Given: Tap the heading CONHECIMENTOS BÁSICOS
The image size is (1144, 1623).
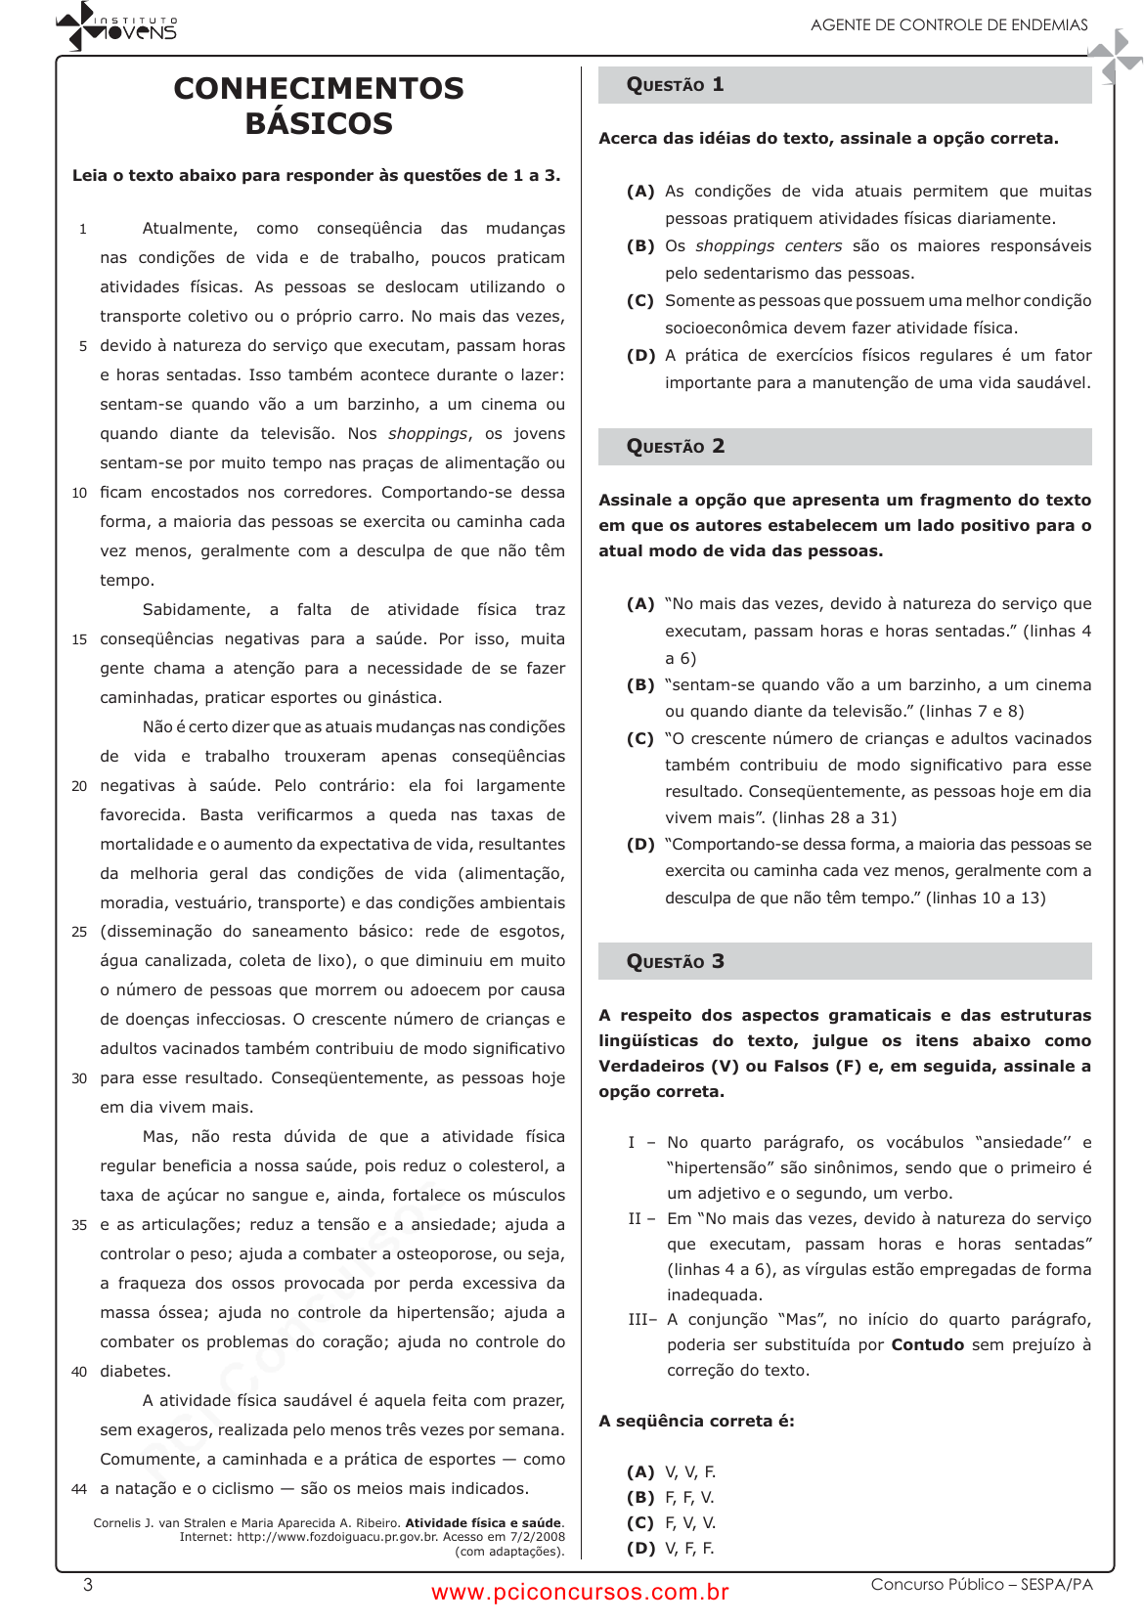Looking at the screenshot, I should click(x=319, y=106).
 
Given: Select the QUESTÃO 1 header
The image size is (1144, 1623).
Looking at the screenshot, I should click(x=676, y=85).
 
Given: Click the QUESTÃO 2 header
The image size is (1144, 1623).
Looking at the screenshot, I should click(x=676, y=447).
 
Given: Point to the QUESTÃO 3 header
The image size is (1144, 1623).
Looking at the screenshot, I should click(x=676, y=962).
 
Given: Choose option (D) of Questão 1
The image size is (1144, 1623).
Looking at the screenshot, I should click(x=641, y=356).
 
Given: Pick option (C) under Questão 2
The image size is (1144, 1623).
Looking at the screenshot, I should click(x=641, y=739).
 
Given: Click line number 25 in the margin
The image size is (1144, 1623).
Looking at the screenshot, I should click(x=79, y=933).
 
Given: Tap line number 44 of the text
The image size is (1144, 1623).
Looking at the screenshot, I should click(x=79, y=1490).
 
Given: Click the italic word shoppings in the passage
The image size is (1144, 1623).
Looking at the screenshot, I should click(x=427, y=434).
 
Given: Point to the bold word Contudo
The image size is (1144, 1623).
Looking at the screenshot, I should click(x=927, y=1345).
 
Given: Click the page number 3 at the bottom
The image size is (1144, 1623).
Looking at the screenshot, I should click(x=88, y=1585).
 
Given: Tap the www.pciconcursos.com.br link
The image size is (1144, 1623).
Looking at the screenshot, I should click(x=580, y=1593).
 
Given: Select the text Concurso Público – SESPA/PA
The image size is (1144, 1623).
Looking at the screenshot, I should click(x=982, y=1585).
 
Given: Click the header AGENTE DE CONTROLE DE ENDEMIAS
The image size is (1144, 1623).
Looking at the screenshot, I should click(x=948, y=25).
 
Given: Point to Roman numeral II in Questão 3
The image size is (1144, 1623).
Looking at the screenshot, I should click(x=636, y=1219).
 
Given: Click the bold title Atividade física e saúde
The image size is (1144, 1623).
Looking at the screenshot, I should click(x=484, y=1523).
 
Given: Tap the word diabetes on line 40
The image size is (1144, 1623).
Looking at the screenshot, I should click(x=135, y=1372).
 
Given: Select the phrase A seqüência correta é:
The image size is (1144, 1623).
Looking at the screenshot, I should click(x=696, y=1422).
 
